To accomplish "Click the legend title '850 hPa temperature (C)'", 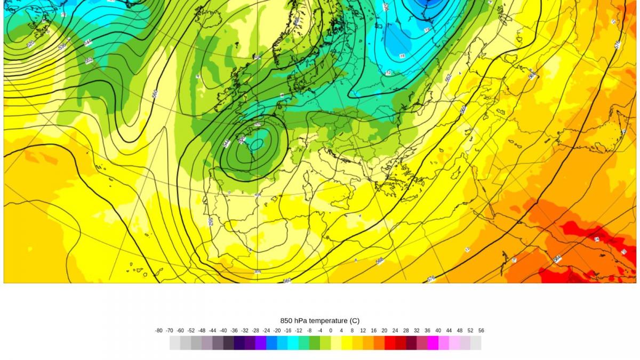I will coord(319,321).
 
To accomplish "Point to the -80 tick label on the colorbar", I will coord(159,331).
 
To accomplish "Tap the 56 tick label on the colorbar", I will coord(481,331).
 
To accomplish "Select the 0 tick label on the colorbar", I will coord(331,331).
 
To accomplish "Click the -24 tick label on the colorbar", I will coord(266,331).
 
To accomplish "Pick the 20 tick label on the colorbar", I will coord(384,331).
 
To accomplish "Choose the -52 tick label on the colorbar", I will coord(191,331).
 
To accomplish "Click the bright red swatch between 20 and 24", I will coord(389,343).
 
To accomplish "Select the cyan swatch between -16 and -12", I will coord(293,343).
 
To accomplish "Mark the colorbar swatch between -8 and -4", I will coord(314,343).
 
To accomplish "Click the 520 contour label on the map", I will coord(30,44).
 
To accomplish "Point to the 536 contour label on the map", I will coord(62,47).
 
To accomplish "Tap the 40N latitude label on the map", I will coord(257,195).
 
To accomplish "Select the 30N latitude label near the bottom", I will coord(257,271).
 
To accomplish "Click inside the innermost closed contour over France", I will coord(257,143).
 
